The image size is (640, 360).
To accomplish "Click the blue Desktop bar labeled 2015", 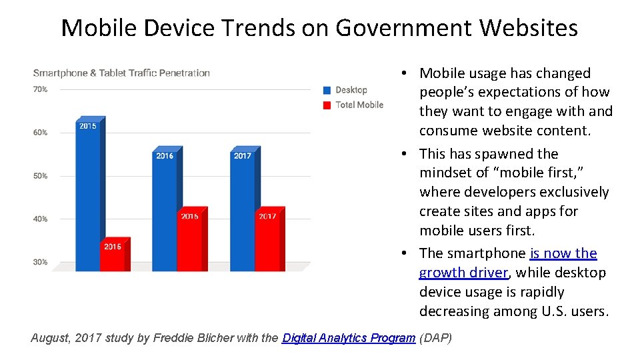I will click(x=88, y=193).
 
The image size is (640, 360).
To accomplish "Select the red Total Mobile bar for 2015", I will click(x=113, y=255).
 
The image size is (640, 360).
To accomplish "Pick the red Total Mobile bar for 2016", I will click(x=190, y=240).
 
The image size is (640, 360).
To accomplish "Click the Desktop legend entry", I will click(x=351, y=90).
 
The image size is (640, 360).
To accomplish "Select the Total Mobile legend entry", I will click(x=359, y=105).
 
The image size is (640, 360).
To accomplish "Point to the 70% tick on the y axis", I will click(x=40, y=89).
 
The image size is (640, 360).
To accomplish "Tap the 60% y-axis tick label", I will click(x=40, y=133).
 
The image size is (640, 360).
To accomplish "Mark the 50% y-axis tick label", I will click(x=40, y=176).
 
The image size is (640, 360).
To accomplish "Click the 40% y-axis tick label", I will click(x=40, y=219).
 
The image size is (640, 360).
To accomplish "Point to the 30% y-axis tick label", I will click(x=40, y=263).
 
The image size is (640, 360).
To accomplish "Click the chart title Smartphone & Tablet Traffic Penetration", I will click(x=121, y=73).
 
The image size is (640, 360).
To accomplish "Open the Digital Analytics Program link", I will click(x=349, y=338).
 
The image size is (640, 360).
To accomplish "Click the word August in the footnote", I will click(x=50, y=338).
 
